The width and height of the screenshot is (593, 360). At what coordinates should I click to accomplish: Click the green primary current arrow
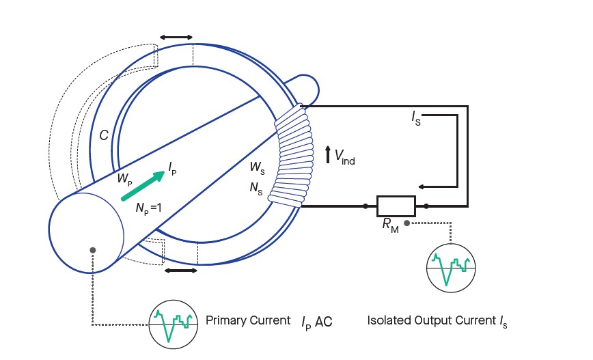(143, 186)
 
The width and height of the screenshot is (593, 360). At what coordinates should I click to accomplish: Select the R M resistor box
(396, 206)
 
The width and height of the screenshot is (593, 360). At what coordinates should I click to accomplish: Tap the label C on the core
(104, 136)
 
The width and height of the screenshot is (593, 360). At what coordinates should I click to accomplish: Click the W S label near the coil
(256, 166)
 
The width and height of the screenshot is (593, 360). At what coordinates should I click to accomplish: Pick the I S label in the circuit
(416, 120)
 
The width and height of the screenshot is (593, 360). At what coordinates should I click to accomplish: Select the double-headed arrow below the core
(181, 271)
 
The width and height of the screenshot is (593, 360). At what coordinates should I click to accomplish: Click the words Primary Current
(248, 320)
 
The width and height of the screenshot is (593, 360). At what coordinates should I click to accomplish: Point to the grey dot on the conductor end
(92, 251)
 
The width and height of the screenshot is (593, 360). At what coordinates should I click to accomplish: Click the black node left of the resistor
(366, 206)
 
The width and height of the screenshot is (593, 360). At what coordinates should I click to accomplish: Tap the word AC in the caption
(323, 320)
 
